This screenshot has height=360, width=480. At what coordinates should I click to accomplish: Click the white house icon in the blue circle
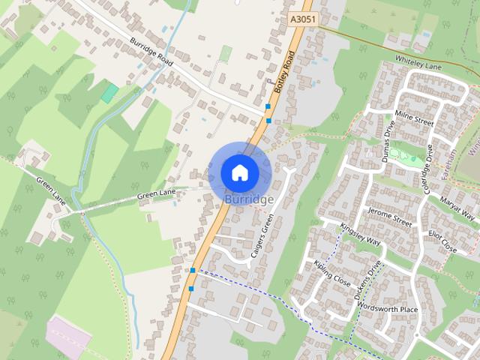point(239,172)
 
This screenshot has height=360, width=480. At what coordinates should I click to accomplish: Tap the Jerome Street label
point(390,217)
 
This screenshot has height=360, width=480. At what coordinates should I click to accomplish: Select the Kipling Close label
point(332,274)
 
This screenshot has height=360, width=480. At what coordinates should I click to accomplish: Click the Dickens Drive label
point(368,278)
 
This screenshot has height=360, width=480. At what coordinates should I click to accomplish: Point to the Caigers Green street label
point(262,235)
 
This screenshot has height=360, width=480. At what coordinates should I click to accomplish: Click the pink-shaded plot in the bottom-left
point(67,335)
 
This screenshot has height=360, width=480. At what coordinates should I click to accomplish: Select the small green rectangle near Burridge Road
point(110,93)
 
